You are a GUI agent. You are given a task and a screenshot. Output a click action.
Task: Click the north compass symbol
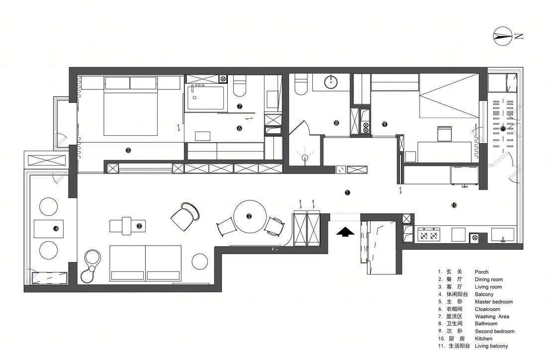[503, 36]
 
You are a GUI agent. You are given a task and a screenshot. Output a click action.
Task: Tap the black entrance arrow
[346, 232]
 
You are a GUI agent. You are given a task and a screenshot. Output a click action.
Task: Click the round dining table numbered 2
[250, 217]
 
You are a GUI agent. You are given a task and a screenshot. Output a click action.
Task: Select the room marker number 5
[128, 150]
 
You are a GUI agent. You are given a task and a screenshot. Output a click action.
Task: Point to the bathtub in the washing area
[204, 97]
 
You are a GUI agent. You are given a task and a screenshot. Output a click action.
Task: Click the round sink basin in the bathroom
[331, 83]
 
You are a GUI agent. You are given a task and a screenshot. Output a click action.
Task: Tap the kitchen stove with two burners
[429, 234]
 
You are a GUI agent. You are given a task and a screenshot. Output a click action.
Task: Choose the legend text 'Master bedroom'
[494, 302]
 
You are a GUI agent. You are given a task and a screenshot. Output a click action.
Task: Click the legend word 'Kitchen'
[483, 339]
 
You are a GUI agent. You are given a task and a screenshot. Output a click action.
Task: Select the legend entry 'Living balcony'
[491, 346]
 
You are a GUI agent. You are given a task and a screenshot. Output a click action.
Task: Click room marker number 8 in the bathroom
[336, 123]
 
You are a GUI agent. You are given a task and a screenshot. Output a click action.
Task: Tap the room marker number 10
[454, 205]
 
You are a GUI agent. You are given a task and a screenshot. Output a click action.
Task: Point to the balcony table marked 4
[49, 229]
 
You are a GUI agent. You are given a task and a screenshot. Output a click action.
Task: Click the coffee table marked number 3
[128, 226]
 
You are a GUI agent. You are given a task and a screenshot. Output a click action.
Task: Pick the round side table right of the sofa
[199, 262]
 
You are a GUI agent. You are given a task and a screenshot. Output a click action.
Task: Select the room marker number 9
[384, 124]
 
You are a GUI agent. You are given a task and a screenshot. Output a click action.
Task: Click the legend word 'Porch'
[481, 271]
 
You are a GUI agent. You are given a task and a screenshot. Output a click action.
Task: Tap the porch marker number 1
[347, 192]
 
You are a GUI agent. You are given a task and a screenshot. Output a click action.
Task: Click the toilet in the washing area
[239, 86]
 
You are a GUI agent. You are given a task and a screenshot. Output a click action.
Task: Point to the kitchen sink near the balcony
[503, 235]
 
